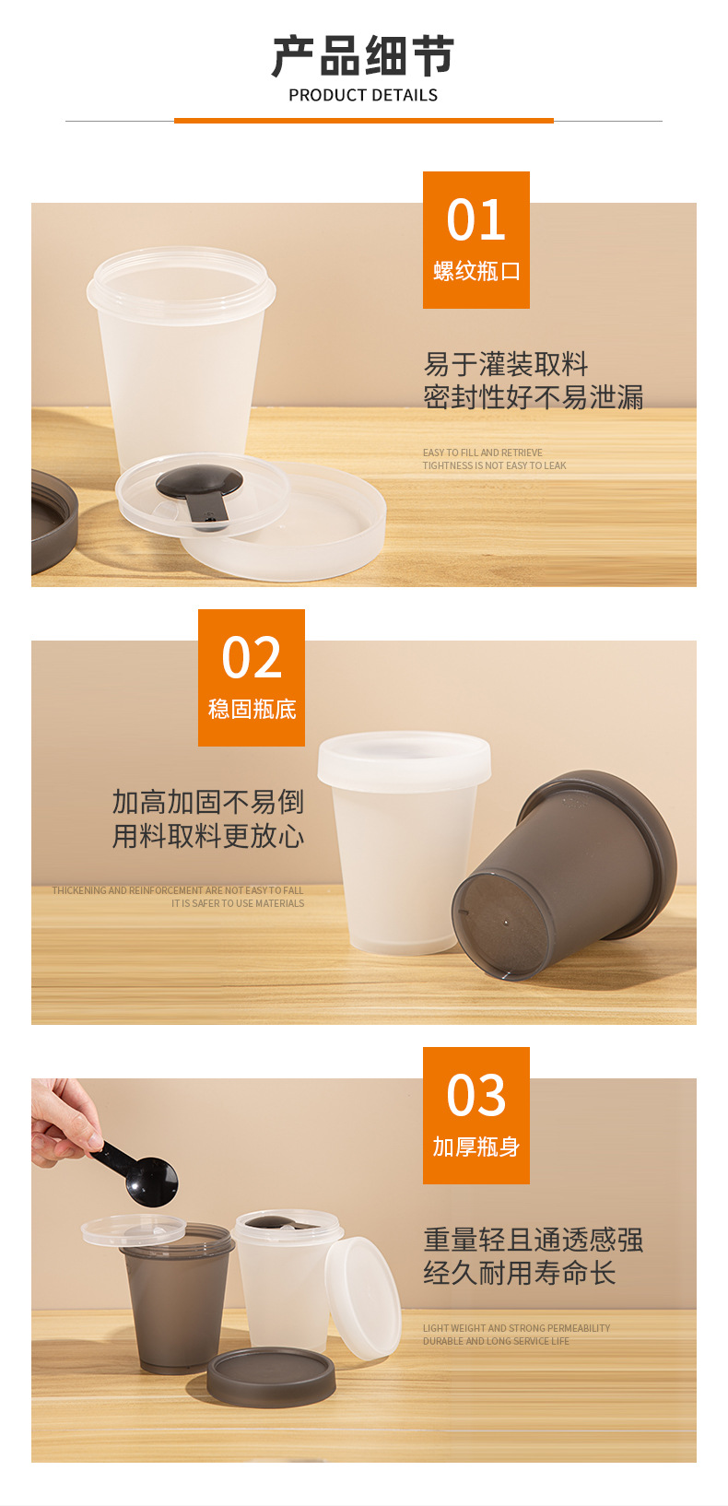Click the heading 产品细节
363,56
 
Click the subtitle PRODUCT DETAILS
363,96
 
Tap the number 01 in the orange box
476,220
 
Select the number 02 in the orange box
252,657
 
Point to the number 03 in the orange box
476,1095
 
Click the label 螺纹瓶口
476,272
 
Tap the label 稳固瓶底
252,710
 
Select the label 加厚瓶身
476,1147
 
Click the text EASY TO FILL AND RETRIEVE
483,453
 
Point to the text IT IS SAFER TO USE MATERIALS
238,903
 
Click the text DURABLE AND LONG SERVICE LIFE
496,1341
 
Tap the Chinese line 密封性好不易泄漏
533,397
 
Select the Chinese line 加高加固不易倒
207,802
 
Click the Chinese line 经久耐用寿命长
520,1273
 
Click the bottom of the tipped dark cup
500,925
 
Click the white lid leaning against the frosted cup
363,1298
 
